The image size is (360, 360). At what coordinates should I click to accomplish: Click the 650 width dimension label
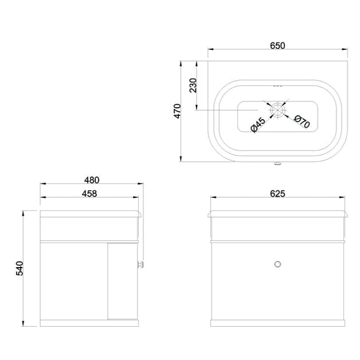coord(277,45)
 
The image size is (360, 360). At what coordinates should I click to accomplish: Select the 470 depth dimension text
coord(178,111)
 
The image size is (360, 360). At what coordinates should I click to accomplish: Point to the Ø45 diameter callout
coord(258,124)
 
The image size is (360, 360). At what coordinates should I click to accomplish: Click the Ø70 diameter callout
coord(302,121)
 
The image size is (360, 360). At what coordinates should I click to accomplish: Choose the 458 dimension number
coord(89,193)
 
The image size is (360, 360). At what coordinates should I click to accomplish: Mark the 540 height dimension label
coord(19,268)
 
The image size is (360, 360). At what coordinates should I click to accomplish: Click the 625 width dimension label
coord(277,193)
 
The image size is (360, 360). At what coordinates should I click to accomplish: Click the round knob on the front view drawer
coord(278,264)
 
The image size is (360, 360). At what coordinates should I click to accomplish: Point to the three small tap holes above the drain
coord(278,86)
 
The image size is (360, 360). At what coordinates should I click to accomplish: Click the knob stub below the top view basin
coord(278,165)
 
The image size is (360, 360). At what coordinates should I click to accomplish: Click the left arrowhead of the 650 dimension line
coord(209,50)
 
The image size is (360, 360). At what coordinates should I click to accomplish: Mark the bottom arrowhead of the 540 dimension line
coord(24,324)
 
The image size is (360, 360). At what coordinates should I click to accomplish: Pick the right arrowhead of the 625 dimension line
coord(347,198)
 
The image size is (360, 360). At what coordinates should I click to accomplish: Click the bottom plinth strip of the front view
coord(278,323)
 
